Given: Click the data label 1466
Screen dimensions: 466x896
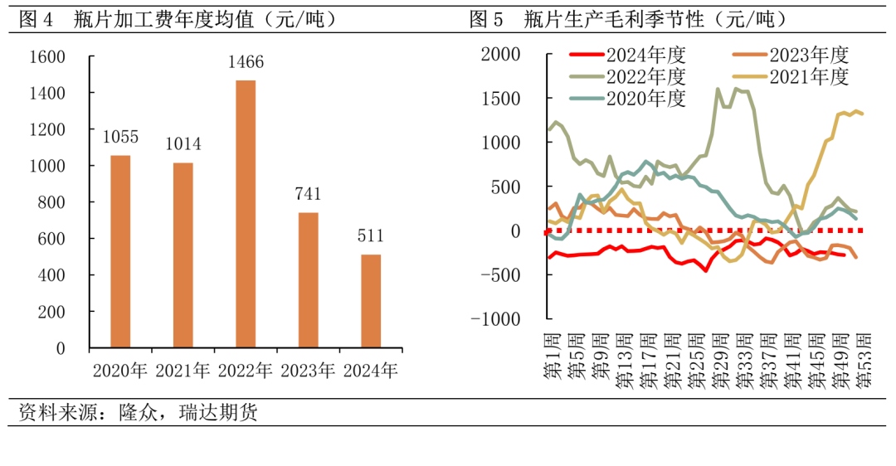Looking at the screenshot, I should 246,63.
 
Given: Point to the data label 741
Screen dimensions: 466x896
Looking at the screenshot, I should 308,195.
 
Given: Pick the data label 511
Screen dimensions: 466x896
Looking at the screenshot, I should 370,236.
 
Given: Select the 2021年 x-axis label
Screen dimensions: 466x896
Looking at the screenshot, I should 183,371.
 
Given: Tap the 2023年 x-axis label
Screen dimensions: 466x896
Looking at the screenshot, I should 308,371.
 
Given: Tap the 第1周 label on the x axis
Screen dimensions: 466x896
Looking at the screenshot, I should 552,357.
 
